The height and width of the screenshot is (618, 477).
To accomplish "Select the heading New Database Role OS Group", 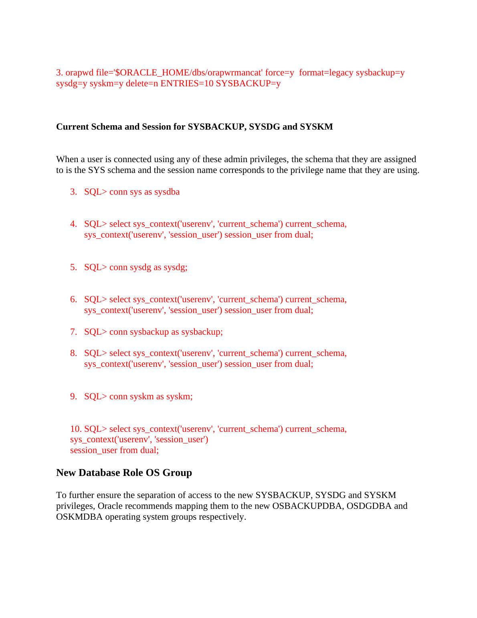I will tap(124, 473).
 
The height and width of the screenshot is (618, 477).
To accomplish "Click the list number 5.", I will tap(73, 267).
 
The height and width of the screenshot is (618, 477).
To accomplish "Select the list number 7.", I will tap(73, 332).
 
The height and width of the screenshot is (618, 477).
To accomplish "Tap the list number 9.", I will tap(73, 396).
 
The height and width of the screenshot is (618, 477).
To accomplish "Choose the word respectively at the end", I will tap(222, 517).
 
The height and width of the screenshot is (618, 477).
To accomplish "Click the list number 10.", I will tap(76, 429).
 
